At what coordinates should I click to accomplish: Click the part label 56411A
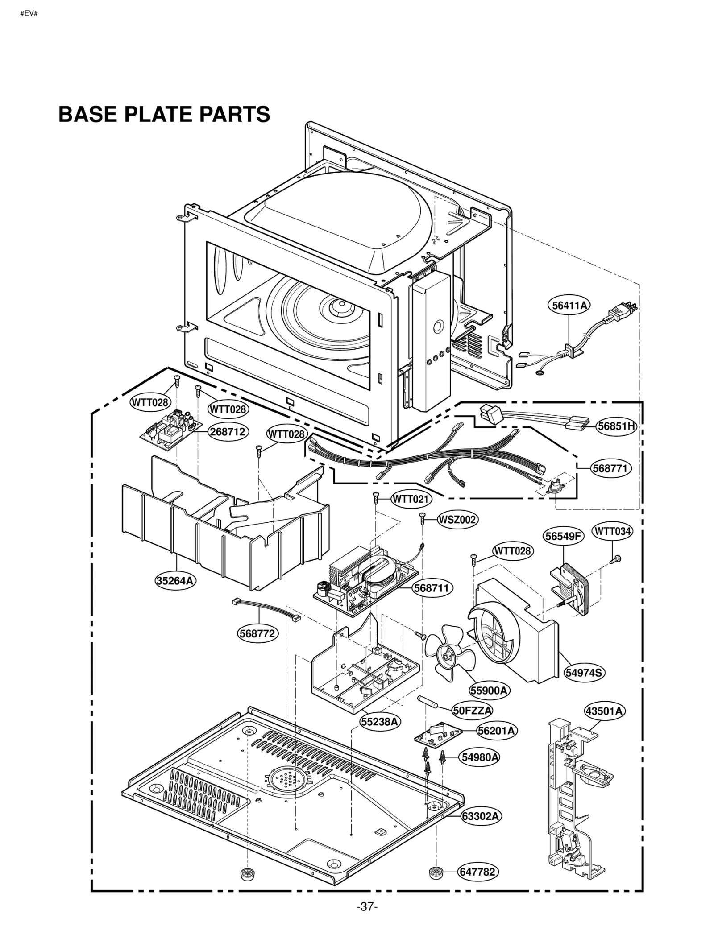568,306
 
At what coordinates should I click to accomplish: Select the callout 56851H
616,426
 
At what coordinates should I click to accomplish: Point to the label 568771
609,468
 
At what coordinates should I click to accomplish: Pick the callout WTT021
412,499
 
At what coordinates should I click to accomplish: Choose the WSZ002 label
457,519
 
